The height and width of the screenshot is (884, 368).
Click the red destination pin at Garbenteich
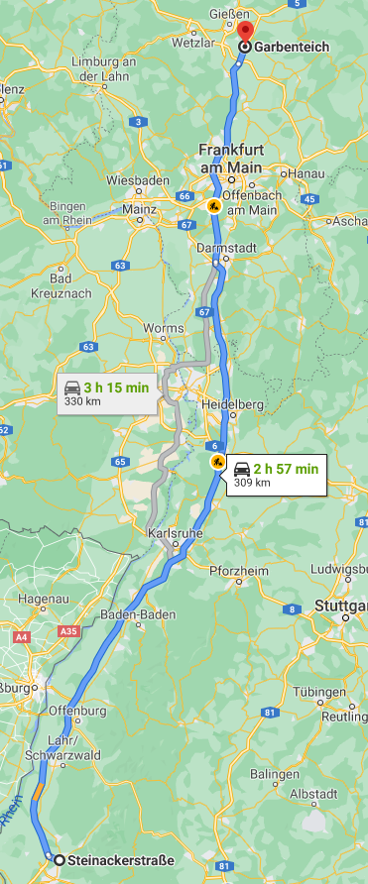tap(245, 32)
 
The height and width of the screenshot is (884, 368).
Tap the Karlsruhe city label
tap(173, 534)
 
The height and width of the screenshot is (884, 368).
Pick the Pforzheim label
tap(237, 569)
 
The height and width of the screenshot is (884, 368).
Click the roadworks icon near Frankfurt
tap(213, 206)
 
